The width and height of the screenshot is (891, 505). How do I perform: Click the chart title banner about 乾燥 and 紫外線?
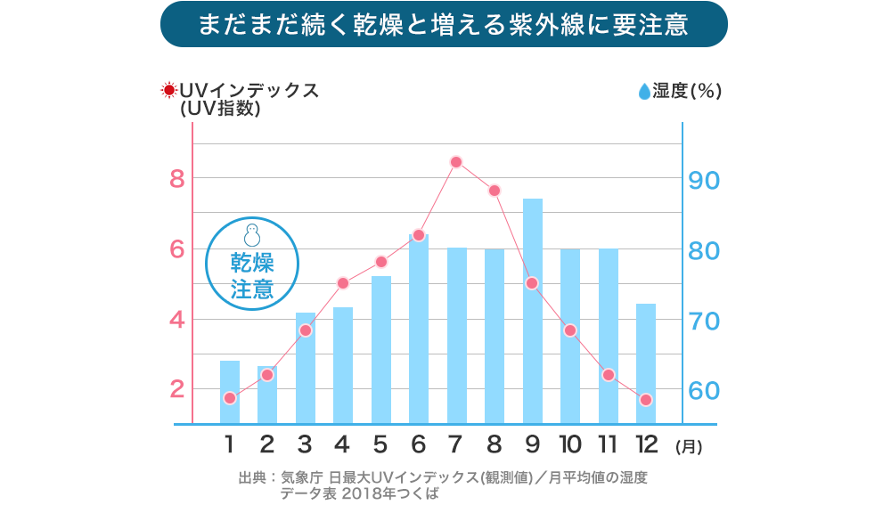(x=444, y=24)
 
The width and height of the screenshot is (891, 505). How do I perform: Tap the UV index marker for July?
(x=456, y=162)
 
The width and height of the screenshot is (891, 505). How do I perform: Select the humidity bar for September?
(x=532, y=312)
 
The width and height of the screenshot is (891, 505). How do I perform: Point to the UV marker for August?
(x=495, y=191)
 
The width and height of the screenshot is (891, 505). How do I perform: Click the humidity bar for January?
(x=230, y=393)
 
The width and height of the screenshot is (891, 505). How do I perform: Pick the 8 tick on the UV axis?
(x=176, y=179)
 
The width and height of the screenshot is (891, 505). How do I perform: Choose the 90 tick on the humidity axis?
(x=704, y=180)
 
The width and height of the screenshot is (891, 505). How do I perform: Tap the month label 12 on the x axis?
(x=646, y=444)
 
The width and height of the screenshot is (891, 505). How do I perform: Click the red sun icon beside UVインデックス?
(x=167, y=91)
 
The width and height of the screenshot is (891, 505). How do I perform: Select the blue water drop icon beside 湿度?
(x=643, y=91)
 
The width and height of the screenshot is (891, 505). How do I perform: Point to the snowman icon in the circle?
(x=252, y=235)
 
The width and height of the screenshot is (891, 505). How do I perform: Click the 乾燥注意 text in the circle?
(x=252, y=276)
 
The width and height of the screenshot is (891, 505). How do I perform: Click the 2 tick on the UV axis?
(x=176, y=389)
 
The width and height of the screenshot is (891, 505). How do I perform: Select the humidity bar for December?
(x=646, y=364)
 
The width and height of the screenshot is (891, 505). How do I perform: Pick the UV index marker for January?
(x=230, y=398)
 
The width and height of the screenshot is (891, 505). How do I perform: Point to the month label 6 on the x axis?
(x=419, y=444)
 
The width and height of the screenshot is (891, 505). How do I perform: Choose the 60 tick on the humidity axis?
(x=704, y=391)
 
